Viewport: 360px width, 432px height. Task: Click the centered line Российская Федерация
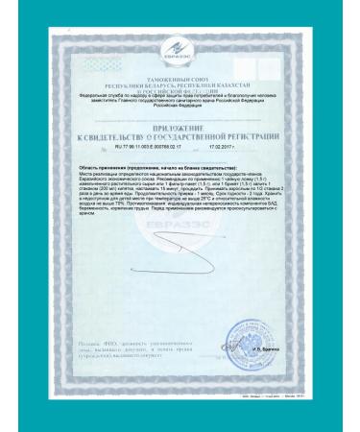(x=181, y=108)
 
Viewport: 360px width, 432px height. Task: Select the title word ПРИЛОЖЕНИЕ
(x=181, y=129)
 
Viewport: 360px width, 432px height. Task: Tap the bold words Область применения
(x=85, y=164)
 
